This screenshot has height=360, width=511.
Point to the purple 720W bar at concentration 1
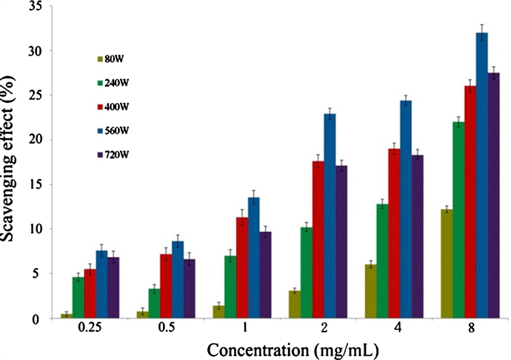tap(265, 275)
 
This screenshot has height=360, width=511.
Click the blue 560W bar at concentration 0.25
tap(102, 284)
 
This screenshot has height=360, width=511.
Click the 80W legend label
tap(114, 59)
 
